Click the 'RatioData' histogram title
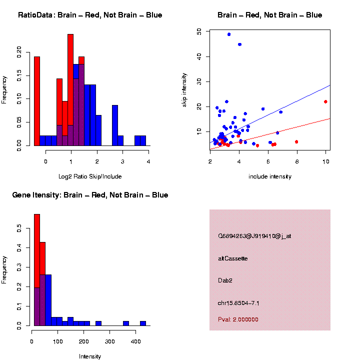(90, 15)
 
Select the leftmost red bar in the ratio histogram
(37, 100)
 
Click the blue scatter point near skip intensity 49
(229, 34)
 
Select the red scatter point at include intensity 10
(325, 101)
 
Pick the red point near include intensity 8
(296, 141)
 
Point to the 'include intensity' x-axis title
(269, 176)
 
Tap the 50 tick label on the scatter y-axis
(199, 31)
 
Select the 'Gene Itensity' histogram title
(90, 195)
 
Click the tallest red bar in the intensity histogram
(37, 270)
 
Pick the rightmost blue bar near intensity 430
(143, 323)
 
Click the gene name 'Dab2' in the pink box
(225, 280)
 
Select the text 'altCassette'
(233, 258)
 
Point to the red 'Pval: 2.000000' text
(238, 319)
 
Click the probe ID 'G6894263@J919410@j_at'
(254, 236)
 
